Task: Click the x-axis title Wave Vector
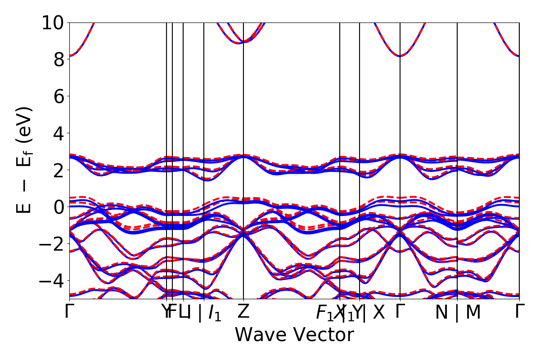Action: pyautogui.click(x=294, y=335)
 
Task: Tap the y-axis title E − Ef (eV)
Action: pyautogui.click(x=25, y=160)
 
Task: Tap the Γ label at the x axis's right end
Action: pyautogui.click(x=520, y=312)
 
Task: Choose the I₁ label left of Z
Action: pyautogui.click(x=215, y=313)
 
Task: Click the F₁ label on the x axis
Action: pyautogui.click(x=324, y=313)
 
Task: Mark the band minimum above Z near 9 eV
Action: pyautogui.click(x=243, y=42)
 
